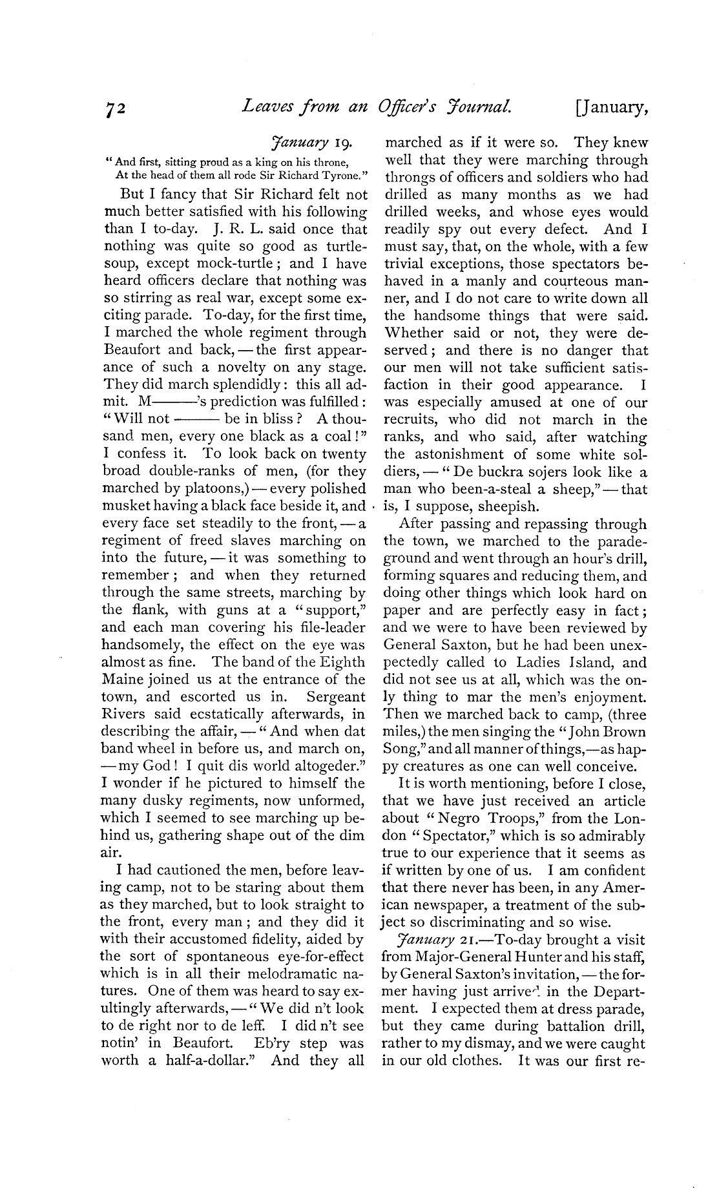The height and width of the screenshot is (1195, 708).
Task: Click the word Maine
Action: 123,680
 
